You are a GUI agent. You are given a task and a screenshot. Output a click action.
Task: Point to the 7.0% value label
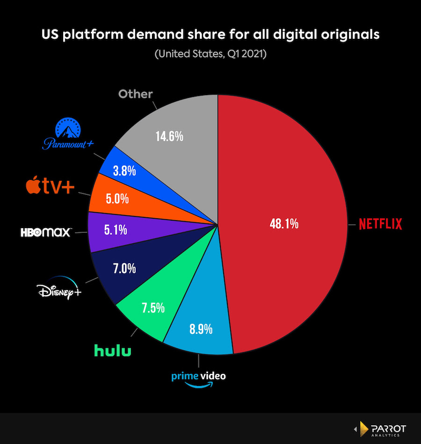(x=124, y=269)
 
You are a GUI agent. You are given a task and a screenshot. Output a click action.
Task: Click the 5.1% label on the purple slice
(x=115, y=230)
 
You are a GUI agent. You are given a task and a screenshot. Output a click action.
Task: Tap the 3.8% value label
(x=124, y=171)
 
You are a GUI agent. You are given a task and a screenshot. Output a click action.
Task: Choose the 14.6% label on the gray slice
(x=169, y=137)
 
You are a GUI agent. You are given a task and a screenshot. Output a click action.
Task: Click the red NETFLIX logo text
(x=380, y=224)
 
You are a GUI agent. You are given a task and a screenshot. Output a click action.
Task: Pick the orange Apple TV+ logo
(x=50, y=186)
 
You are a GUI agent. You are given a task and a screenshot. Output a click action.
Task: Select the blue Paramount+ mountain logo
(x=69, y=134)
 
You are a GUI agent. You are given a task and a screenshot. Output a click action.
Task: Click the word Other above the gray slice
(x=135, y=94)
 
